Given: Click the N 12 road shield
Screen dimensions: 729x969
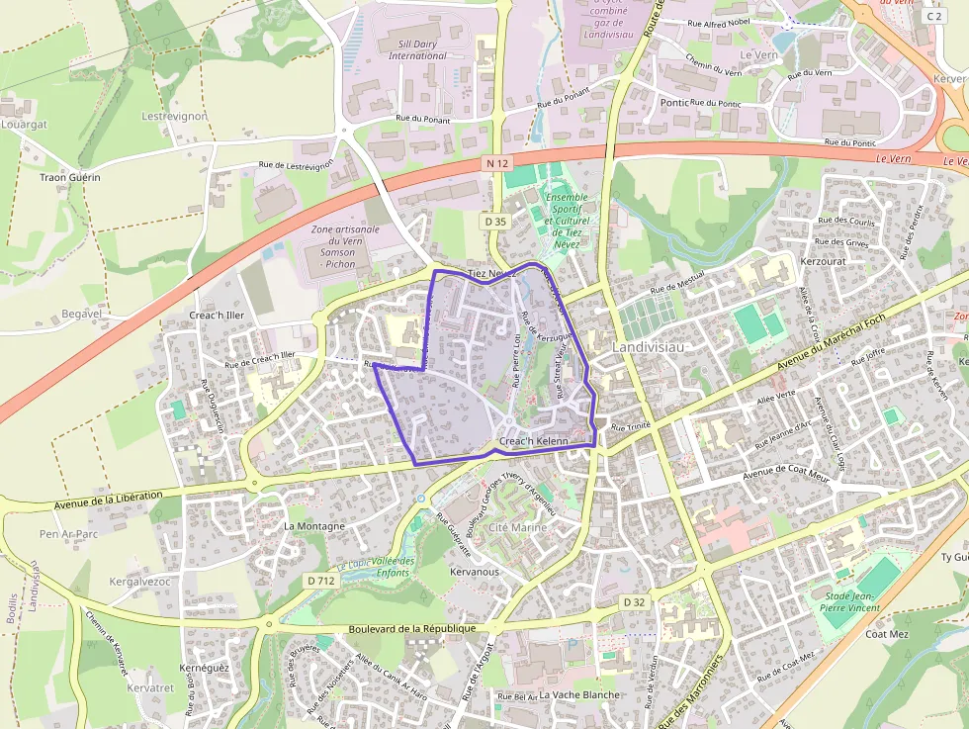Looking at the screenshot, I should click(495, 161).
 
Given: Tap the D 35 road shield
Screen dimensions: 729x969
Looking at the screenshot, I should click(495, 222).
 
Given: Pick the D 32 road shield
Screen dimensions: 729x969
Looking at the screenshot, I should click(634, 601).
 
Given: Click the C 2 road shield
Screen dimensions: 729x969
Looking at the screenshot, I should click(932, 17).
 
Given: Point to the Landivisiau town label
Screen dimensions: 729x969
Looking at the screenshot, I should click(650, 348).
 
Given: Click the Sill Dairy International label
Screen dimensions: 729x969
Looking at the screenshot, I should click(417, 49).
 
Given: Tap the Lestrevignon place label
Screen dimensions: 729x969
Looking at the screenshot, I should click(174, 116).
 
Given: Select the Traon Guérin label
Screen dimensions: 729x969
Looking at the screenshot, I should click(70, 178).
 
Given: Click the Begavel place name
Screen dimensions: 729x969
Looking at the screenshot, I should click(82, 314).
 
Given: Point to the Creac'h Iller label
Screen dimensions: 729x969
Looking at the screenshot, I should click(217, 316).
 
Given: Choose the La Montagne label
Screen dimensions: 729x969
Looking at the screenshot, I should click(314, 526).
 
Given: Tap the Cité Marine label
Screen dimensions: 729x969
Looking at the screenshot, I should click(517, 528).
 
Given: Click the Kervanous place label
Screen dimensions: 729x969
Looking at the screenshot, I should click(475, 572).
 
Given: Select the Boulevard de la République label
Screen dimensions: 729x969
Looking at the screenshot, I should click(412, 629).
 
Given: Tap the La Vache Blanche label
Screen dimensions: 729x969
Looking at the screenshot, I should click(579, 694).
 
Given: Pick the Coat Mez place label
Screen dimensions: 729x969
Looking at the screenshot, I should click(887, 634).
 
